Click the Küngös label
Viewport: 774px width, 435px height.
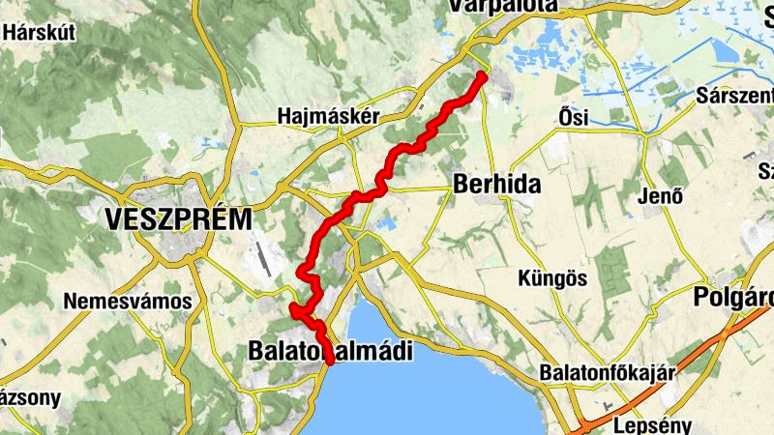tap(553, 278)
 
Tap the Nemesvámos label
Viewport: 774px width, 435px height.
tap(128, 301)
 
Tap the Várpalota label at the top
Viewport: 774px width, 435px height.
tap(503, 6)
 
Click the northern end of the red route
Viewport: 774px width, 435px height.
tap(481, 74)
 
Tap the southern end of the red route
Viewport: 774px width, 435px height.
tap(330, 362)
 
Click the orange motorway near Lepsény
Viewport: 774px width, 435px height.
tap(677, 372)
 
